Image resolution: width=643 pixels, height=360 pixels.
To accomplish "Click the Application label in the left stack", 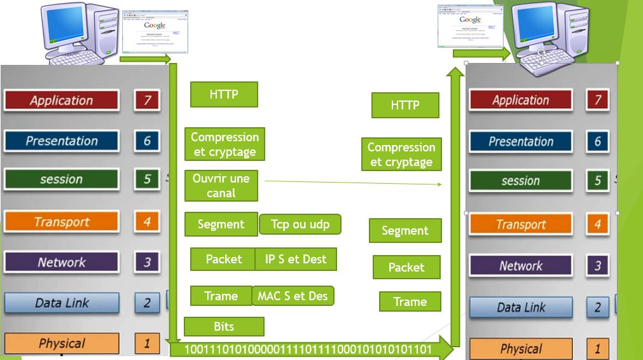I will coord(61,100).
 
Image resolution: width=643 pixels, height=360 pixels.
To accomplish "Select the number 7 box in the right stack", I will coord(597,100).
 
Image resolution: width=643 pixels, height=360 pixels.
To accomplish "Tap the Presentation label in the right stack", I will coord(521,141).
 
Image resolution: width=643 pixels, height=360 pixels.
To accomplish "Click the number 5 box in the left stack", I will coord(147,179).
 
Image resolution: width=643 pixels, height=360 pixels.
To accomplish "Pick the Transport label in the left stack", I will coord(61,221).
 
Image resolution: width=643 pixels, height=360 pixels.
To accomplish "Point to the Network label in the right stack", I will coord(521,266).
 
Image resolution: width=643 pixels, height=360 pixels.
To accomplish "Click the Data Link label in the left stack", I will coord(61,303).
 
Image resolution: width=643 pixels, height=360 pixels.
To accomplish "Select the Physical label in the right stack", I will coord(521,349).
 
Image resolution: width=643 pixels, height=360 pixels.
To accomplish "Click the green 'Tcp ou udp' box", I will coord(300,224).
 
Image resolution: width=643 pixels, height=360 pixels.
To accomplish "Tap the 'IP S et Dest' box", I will coord(296,259).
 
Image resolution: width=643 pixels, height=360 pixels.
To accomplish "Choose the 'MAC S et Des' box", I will coord(293,296).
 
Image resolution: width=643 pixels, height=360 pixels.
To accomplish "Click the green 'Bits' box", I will coord(224,326).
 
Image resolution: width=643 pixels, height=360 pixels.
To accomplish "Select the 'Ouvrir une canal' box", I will coord(221,185).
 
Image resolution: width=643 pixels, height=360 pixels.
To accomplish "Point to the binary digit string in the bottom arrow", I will coord(308,349).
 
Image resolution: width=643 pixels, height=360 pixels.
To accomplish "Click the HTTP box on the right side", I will coord(405,105).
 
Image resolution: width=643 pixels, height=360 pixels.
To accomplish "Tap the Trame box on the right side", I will coord(410,301).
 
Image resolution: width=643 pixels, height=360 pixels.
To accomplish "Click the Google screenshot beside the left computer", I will coord(153,30).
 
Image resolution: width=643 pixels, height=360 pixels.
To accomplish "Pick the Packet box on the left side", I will coord(223,259).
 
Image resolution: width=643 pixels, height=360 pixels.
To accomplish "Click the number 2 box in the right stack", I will coord(597,307).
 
